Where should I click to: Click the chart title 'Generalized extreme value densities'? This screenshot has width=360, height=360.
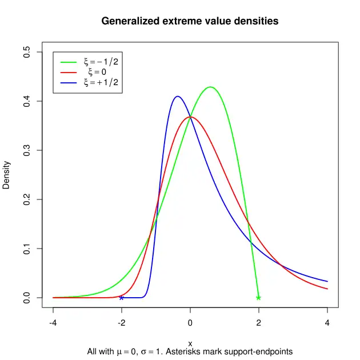click(x=190, y=21)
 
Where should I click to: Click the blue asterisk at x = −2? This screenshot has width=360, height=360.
click(x=121, y=298)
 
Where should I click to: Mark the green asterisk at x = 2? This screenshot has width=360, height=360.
click(x=258, y=298)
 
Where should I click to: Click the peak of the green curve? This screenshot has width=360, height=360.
click(x=211, y=87)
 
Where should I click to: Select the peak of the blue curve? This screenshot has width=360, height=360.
click(x=177, y=97)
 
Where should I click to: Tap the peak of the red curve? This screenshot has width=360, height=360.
click(x=190, y=117)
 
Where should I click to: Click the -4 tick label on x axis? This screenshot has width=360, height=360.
click(x=53, y=322)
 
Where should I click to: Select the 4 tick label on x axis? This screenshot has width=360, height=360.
click(x=327, y=322)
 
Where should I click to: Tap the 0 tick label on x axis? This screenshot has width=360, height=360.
click(x=190, y=322)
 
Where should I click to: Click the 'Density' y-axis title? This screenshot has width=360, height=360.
click(x=7, y=175)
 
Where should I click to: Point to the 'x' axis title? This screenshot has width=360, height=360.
click(x=190, y=343)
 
